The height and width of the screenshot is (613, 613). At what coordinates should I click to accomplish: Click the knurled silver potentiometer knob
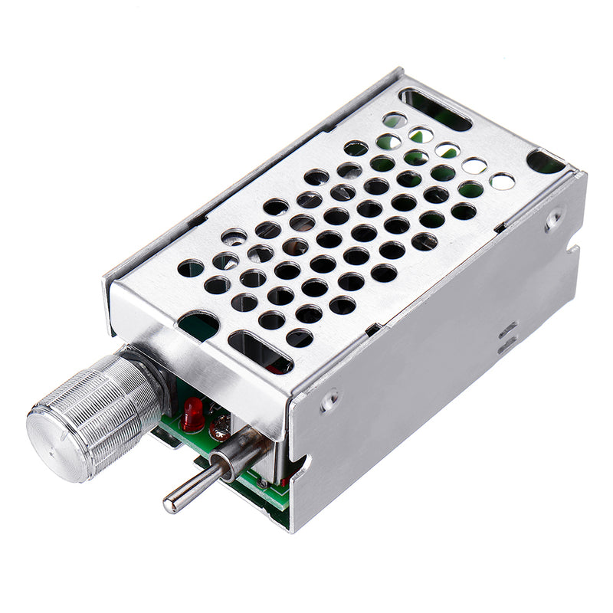(92, 418)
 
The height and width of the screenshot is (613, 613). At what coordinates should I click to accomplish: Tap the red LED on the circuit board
(193, 415)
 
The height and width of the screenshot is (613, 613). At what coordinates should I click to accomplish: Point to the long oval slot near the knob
(260, 352)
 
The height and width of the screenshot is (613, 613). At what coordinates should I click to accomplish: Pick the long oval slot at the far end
(435, 109)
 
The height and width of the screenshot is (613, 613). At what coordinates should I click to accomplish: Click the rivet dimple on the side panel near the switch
(330, 399)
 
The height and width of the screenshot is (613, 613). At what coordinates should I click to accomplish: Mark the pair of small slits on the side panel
(506, 337)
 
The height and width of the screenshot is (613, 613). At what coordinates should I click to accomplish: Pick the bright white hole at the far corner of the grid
(502, 182)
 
